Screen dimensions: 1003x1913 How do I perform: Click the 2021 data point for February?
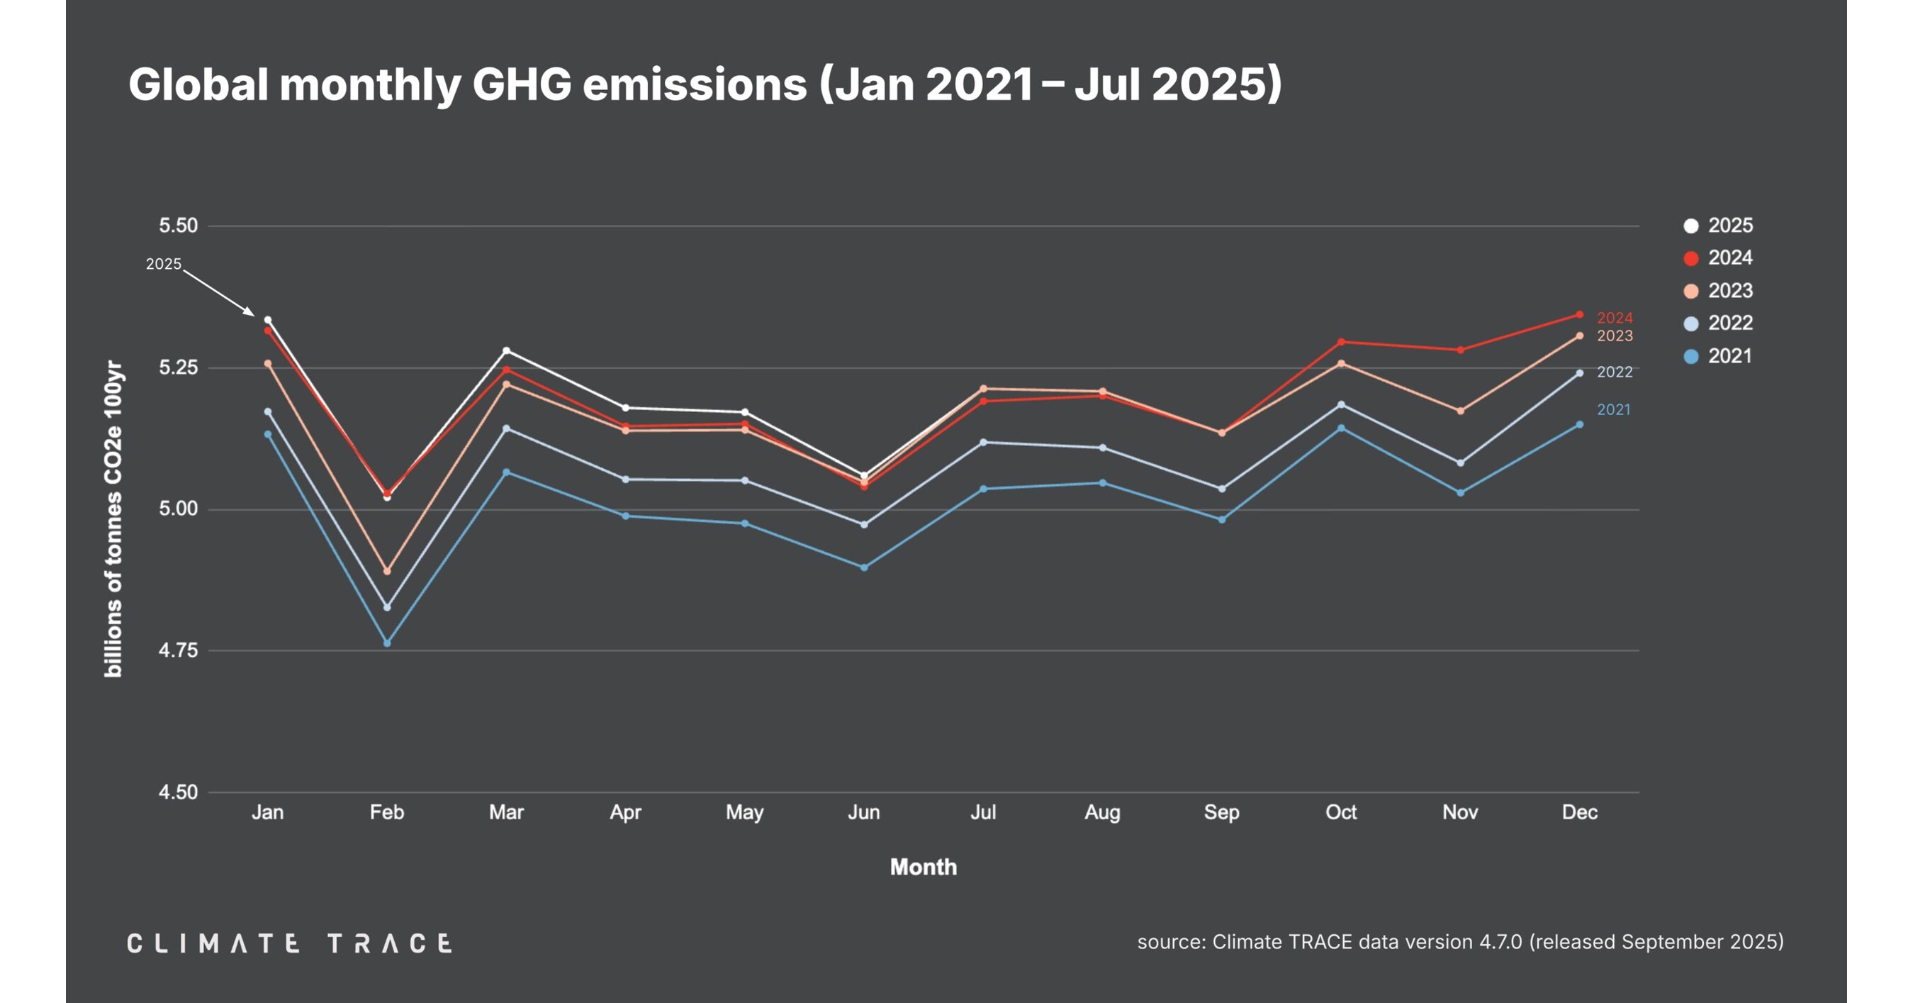(387, 643)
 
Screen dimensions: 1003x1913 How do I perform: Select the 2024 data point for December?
(1580, 315)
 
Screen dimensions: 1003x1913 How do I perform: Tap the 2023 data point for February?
(387, 571)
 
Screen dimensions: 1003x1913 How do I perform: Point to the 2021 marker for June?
(864, 567)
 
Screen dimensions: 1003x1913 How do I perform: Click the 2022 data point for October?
(1341, 405)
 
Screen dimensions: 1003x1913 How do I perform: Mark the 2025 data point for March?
(507, 350)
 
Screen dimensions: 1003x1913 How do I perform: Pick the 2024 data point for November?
(1460, 350)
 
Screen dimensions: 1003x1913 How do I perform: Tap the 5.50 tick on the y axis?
(178, 226)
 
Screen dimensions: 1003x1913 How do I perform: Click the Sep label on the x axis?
(1222, 812)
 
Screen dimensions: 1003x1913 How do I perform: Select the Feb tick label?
(387, 812)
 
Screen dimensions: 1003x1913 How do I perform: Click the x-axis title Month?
(923, 867)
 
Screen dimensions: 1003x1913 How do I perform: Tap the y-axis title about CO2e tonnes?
(113, 519)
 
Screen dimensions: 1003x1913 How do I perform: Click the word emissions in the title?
(695, 84)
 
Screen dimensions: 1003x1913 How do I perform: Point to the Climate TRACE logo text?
(290, 943)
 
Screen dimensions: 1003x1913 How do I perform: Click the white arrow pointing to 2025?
(219, 293)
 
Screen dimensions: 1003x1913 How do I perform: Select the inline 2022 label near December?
(1615, 372)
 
